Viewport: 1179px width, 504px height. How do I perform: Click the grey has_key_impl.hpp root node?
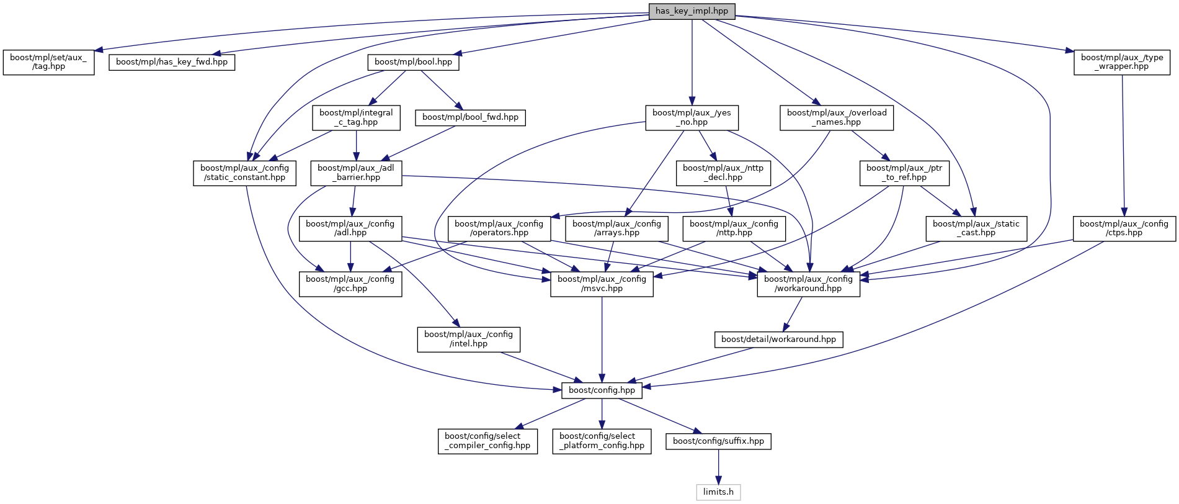pos(692,11)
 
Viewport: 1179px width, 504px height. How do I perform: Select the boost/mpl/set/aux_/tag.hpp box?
pos(49,62)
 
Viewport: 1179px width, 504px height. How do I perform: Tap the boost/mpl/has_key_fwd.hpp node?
pos(172,62)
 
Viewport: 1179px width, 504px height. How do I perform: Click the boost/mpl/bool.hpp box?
pos(413,62)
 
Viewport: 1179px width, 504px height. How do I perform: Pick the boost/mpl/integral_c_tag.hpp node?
pos(356,117)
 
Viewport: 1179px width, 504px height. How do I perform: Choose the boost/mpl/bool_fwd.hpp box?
pos(470,117)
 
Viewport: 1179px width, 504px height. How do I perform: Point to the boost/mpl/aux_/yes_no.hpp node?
pos(692,117)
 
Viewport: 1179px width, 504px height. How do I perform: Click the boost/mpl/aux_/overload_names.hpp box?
pos(837,117)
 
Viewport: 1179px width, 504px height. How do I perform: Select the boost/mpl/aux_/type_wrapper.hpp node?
pos(1121,62)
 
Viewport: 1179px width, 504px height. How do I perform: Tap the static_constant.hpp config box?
pos(244,173)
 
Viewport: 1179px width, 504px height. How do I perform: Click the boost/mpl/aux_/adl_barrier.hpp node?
pos(356,173)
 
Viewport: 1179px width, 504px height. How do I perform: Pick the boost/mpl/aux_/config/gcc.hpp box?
pos(350,284)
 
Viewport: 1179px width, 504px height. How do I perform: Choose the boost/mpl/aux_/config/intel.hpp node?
pos(468,339)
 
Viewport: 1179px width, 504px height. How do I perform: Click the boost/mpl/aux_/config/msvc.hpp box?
pos(602,284)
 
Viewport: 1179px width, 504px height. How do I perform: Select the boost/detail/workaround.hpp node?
pos(778,340)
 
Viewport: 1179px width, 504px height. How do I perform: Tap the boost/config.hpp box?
pos(602,390)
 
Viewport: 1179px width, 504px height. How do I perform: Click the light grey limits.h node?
pos(718,492)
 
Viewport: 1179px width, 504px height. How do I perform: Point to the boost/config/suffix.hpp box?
pos(718,441)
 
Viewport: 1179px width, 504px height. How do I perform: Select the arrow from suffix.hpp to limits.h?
pos(718,467)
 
